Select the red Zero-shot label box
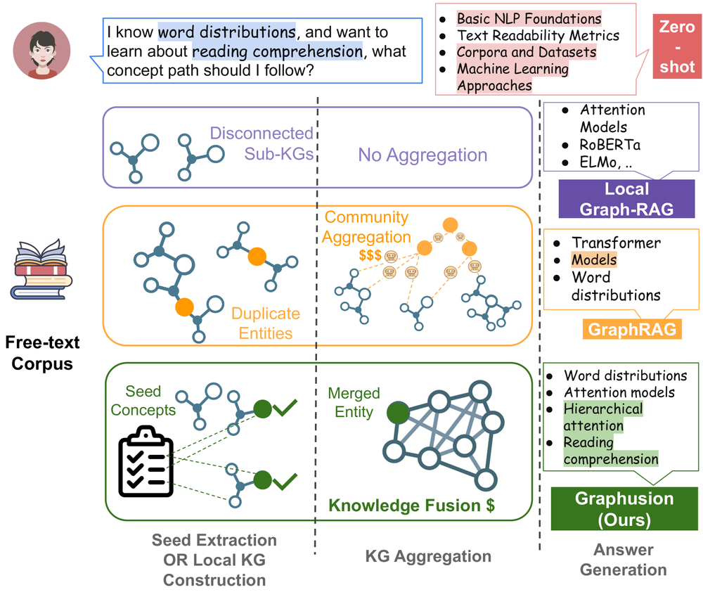click(676, 47)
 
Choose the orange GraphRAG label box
click(632, 330)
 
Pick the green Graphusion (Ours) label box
click(624, 508)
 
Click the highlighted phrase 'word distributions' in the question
click(226, 32)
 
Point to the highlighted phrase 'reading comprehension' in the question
click(277, 52)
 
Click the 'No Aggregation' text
click(422, 155)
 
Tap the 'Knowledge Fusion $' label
click(412, 505)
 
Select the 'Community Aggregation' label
click(367, 227)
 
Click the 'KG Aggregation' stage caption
click(428, 556)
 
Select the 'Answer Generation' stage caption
click(624, 559)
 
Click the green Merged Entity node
click(397, 411)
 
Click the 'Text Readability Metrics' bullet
click(538, 35)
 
